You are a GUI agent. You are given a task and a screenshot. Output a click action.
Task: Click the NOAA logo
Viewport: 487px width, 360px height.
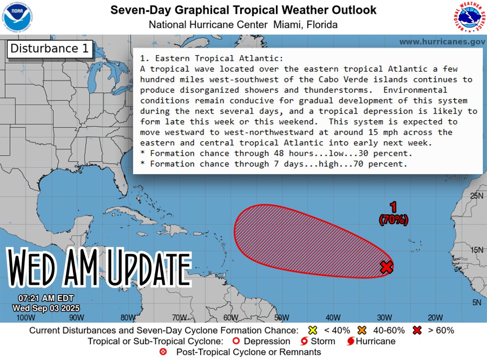pos(17,17)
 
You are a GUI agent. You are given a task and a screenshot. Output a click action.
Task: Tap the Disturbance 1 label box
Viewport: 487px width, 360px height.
pos(50,49)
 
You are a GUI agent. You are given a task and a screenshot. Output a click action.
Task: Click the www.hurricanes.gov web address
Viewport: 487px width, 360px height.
pos(442,42)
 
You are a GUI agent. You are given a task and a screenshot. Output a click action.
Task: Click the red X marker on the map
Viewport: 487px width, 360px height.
pos(387,267)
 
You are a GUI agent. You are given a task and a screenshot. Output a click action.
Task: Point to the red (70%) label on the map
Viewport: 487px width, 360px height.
pos(393,220)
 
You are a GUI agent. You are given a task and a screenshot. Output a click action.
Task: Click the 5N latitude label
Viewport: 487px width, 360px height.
pos(476,302)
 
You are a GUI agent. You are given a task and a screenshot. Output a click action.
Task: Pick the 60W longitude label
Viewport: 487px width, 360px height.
pos(230,317)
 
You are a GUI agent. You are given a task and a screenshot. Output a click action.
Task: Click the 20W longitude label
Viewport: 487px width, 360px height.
pos(435,317)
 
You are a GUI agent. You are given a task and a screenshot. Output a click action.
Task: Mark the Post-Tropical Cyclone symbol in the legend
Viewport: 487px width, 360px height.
pos(164,352)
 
